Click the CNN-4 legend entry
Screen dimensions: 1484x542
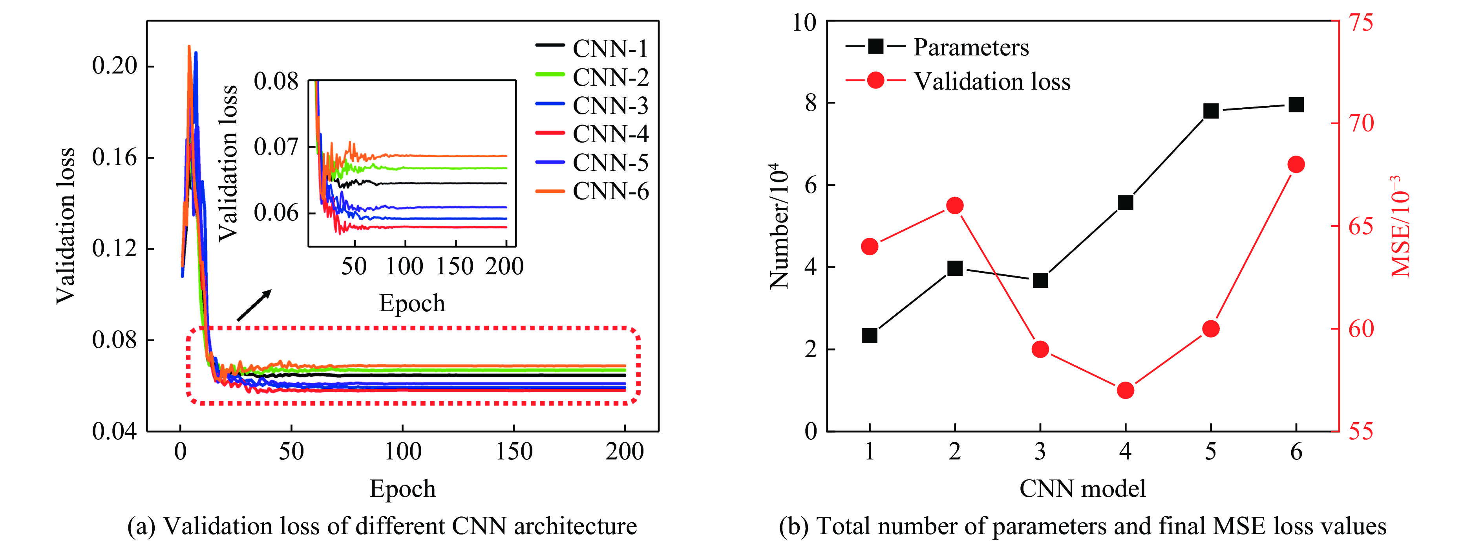[x=592, y=134]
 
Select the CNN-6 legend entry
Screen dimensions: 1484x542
[x=592, y=191]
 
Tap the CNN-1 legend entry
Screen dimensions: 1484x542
[x=592, y=48]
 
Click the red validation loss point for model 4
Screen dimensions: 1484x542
[x=1125, y=390]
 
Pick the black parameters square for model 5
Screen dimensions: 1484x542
[x=1211, y=111]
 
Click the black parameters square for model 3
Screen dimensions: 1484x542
[x=1040, y=281]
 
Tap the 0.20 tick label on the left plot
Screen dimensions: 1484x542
[x=115, y=66]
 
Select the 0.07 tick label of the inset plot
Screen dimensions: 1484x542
[x=276, y=147]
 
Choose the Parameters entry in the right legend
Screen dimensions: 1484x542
[x=937, y=47]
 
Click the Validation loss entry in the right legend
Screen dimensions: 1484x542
[x=958, y=81]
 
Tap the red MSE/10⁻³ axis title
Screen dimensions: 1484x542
[x=1400, y=226]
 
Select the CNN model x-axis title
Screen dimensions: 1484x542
[x=1082, y=489]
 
